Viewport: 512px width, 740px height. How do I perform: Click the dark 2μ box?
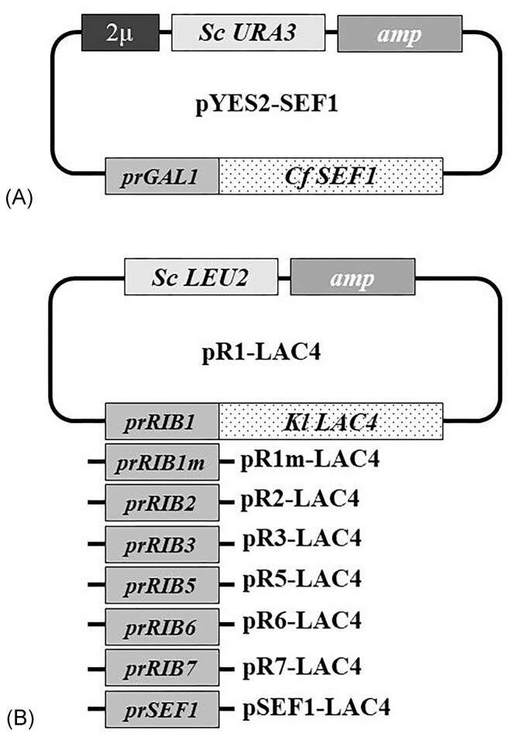point(120,32)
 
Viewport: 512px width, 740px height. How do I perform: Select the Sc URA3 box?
point(247,32)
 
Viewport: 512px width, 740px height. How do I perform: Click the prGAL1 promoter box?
point(163,177)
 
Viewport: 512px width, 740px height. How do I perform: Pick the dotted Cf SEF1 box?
point(332,177)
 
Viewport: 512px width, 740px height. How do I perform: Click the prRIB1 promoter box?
point(163,422)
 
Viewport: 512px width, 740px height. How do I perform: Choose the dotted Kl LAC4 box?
point(332,422)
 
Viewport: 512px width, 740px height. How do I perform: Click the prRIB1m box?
point(163,463)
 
